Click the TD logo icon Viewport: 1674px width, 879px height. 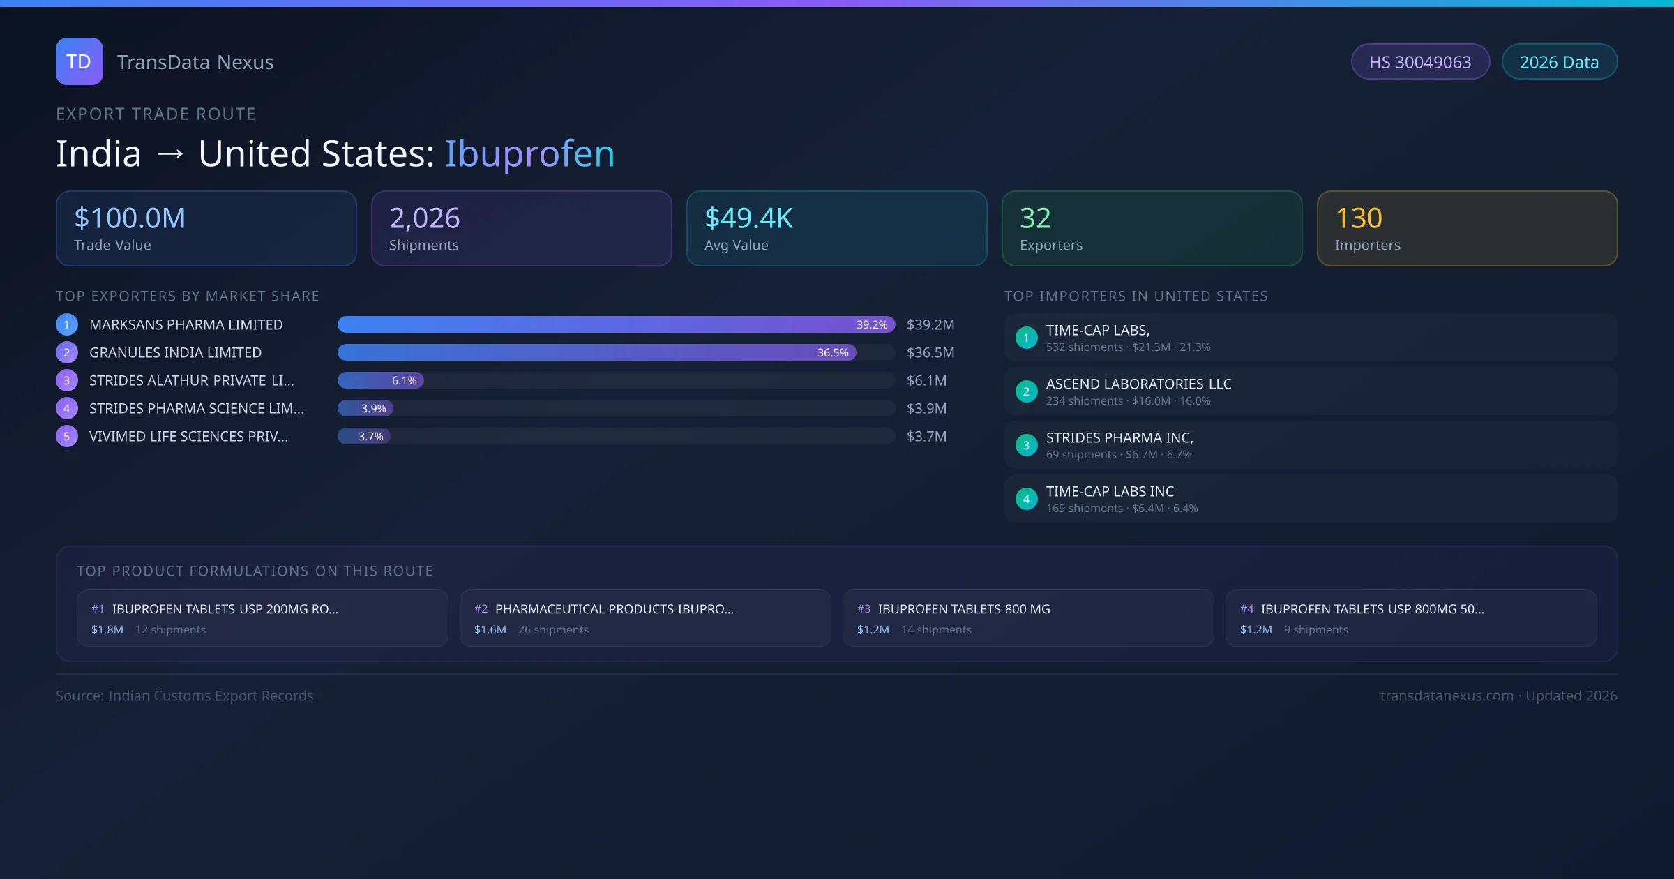pyautogui.click(x=79, y=61)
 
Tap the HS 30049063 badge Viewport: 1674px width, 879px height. pyautogui.click(x=1419, y=62)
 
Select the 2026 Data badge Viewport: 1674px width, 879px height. pyautogui.click(x=1559, y=62)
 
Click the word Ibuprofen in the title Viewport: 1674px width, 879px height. pyautogui.click(x=529, y=153)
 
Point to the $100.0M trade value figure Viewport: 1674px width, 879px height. pyautogui.click(x=130, y=218)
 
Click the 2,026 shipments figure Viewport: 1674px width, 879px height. pyautogui.click(x=424, y=218)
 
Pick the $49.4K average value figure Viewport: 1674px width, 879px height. pyautogui.click(x=748, y=218)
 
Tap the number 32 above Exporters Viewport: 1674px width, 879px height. pyautogui.click(x=1035, y=218)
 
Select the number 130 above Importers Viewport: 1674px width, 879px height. pyautogui.click(x=1358, y=218)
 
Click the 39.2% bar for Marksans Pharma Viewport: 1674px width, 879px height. pyautogui.click(x=615, y=324)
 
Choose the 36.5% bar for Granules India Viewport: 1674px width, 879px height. pyautogui.click(x=596, y=352)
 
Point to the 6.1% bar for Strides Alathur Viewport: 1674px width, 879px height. pyautogui.click(x=381, y=380)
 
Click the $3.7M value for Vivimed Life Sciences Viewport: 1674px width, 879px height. pyautogui.click(x=926, y=436)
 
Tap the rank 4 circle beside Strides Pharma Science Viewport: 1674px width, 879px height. pyautogui.click(x=67, y=408)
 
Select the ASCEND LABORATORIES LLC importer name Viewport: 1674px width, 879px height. pyautogui.click(x=1138, y=384)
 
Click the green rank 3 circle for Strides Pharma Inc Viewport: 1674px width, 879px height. pyautogui.click(x=1026, y=445)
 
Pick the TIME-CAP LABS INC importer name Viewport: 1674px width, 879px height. pyautogui.click(x=1110, y=491)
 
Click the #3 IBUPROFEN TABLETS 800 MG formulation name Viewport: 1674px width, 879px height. pyautogui.click(x=963, y=609)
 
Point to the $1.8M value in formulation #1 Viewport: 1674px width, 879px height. pyautogui.click(x=107, y=629)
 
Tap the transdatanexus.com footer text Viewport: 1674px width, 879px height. pyautogui.click(x=1447, y=696)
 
